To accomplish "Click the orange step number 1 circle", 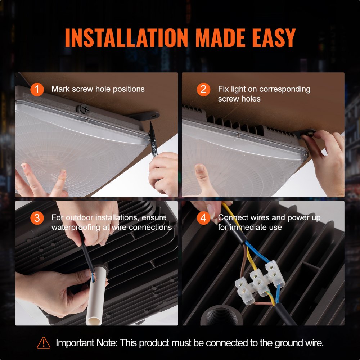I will pyautogui.click(x=37, y=89).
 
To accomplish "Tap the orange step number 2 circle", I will pyautogui.click(x=203, y=89).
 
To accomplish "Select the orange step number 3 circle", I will pyautogui.click(x=37, y=218).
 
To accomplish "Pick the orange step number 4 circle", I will pyautogui.click(x=203, y=218).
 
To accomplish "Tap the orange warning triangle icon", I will pyautogui.click(x=44, y=343).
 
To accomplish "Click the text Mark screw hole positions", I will pyautogui.click(x=98, y=89).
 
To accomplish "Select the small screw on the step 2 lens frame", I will pyautogui.click(x=238, y=136).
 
